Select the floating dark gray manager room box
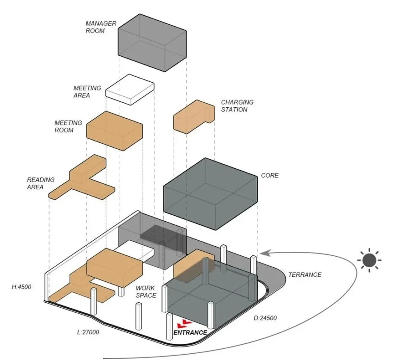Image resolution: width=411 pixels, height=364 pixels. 152,42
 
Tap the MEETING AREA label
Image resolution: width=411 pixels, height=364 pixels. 87,92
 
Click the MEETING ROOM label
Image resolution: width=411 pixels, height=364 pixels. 68,127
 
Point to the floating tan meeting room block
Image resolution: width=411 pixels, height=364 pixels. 115,130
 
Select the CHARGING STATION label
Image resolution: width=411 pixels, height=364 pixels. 237,106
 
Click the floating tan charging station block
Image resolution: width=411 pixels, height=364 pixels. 193,117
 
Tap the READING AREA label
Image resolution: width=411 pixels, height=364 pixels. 41,183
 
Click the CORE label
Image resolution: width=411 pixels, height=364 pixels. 270,176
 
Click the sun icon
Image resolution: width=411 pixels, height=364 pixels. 369,260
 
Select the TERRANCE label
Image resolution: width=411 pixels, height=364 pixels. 305,275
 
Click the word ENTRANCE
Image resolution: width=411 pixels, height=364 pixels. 190,332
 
